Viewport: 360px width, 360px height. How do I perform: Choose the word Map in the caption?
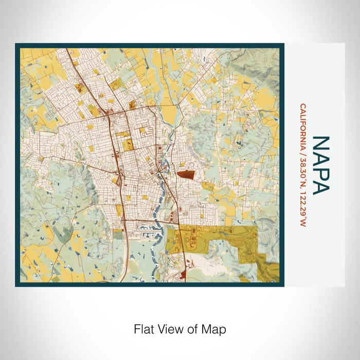pyautogui.click(x=214, y=329)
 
